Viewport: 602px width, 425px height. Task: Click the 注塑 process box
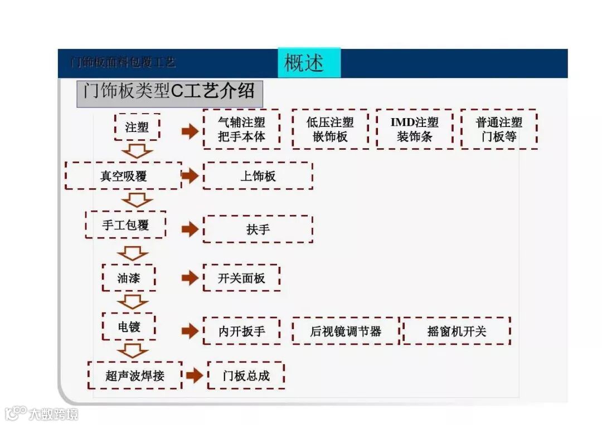137,127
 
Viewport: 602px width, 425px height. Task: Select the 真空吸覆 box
123,176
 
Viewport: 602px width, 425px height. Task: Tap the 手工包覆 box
125,225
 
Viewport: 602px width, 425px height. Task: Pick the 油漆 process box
129,278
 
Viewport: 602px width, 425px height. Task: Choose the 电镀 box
129,327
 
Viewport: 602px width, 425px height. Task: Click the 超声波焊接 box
135,375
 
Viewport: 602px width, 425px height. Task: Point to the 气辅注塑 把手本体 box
241,129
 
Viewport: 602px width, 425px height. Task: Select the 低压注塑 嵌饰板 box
330,129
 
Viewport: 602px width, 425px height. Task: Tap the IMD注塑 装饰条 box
414,129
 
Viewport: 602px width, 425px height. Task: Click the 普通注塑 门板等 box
499,129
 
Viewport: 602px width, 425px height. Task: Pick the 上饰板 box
258,176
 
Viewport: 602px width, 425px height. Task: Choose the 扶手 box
258,229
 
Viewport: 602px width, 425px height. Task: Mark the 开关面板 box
241,278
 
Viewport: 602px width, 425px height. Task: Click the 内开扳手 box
241,331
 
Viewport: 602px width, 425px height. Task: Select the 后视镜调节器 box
346,331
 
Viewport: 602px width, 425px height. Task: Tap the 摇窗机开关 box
457,331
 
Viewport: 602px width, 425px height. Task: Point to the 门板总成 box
246,375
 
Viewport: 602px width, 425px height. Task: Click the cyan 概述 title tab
309,62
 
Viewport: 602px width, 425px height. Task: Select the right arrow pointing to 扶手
190,229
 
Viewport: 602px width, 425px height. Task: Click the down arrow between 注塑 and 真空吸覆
137,151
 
